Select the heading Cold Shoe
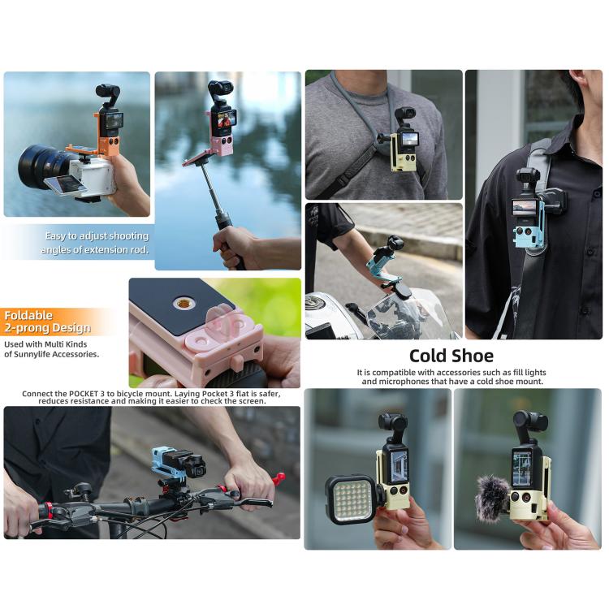coord(451,356)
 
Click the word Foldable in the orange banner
coord(28,315)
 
